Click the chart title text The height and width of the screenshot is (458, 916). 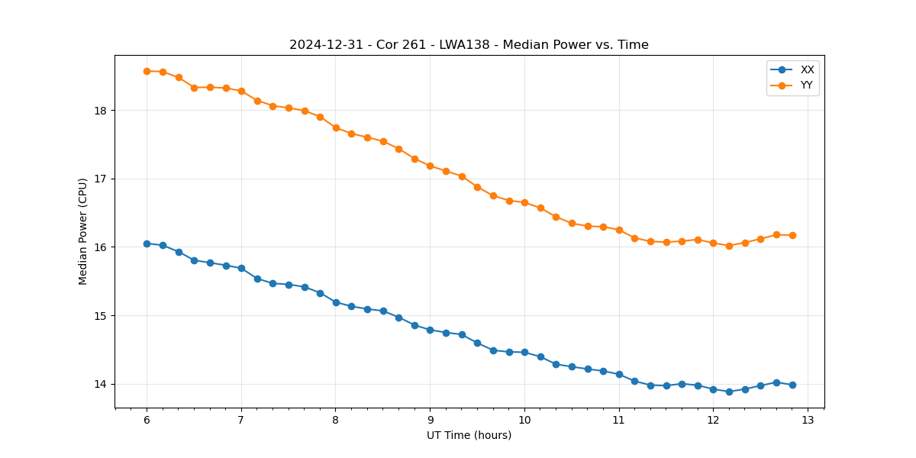pos(469,45)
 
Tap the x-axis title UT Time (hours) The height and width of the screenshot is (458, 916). pos(469,435)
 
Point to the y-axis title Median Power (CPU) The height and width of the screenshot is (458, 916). pos(83,231)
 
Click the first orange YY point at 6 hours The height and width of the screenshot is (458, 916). pos(147,71)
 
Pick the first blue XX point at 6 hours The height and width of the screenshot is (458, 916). pos(147,244)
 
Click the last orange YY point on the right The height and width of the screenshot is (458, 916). pos(792,235)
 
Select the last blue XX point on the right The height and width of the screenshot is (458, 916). pos(792,385)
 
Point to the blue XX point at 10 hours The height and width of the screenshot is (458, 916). pos(524,352)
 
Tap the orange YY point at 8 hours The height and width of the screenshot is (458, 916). pos(336,127)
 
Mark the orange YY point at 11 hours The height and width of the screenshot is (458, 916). pos(619,230)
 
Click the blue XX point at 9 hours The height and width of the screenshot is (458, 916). pos(430,330)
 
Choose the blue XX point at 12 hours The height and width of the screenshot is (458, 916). pos(713,389)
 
